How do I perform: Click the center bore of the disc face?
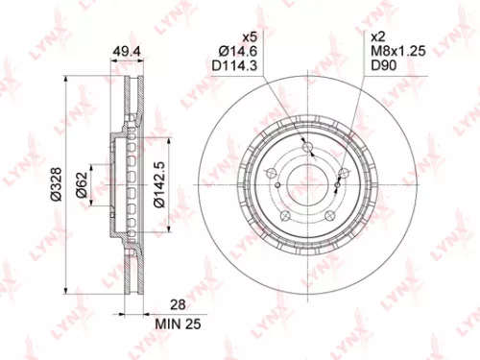point(309,180)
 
